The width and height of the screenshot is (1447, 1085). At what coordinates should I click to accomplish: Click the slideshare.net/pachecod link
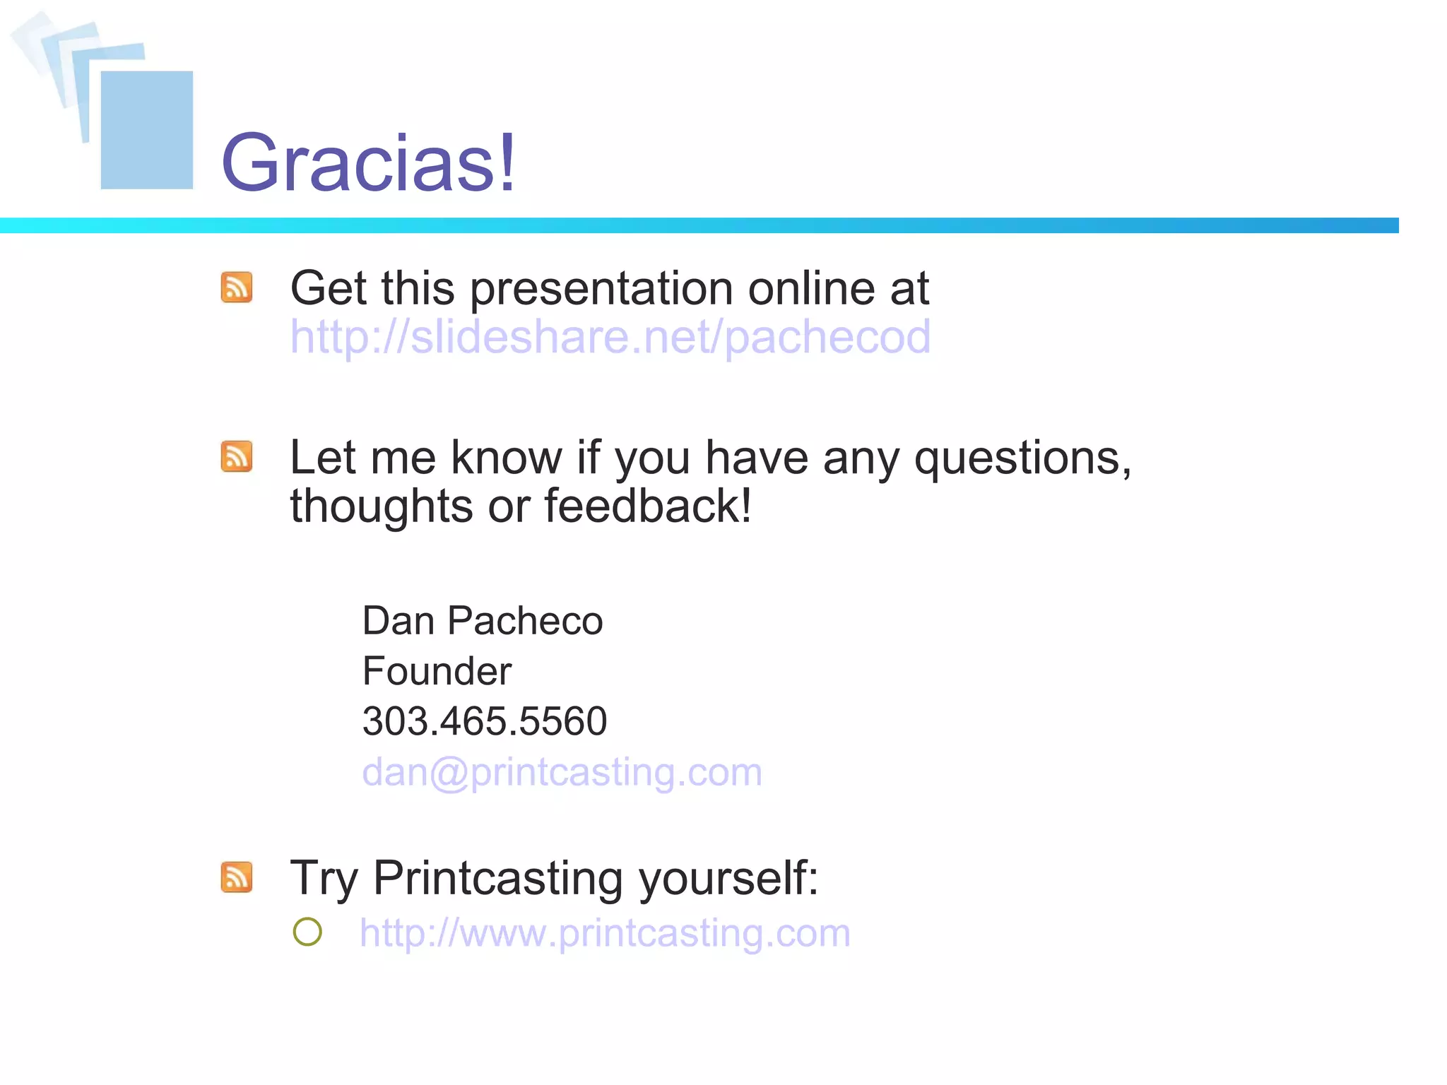pyautogui.click(x=610, y=337)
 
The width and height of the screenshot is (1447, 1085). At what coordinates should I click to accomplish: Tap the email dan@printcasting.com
pyautogui.click(x=562, y=771)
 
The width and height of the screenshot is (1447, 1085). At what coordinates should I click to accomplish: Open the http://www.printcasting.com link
pyautogui.click(x=604, y=932)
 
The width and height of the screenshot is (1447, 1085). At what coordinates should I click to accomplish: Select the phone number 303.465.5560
pyautogui.click(x=484, y=721)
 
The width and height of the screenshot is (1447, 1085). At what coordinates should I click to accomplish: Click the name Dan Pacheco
pyautogui.click(x=482, y=621)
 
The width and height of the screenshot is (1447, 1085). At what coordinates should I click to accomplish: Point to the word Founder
pyautogui.click(x=436, y=671)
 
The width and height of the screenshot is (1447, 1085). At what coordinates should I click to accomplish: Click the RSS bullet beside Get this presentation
pyautogui.click(x=237, y=287)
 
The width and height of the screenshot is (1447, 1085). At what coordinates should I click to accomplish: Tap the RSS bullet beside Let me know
pyautogui.click(x=237, y=456)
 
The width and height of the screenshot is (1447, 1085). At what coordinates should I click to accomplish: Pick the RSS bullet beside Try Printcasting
pyautogui.click(x=237, y=877)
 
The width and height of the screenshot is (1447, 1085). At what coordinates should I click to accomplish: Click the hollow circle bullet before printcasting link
pyautogui.click(x=307, y=932)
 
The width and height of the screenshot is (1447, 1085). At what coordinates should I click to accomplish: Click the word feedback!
pyautogui.click(x=647, y=506)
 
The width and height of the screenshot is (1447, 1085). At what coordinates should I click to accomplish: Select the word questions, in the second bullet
pyautogui.click(x=1022, y=459)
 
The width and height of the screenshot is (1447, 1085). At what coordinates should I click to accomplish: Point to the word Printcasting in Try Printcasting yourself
pyautogui.click(x=497, y=878)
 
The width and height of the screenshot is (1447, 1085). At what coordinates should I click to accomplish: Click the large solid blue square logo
pyautogui.click(x=147, y=130)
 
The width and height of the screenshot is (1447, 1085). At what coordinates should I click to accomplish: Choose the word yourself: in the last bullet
pyautogui.click(x=728, y=879)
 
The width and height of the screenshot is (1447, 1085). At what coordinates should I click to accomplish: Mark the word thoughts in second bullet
pyautogui.click(x=381, y=506)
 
